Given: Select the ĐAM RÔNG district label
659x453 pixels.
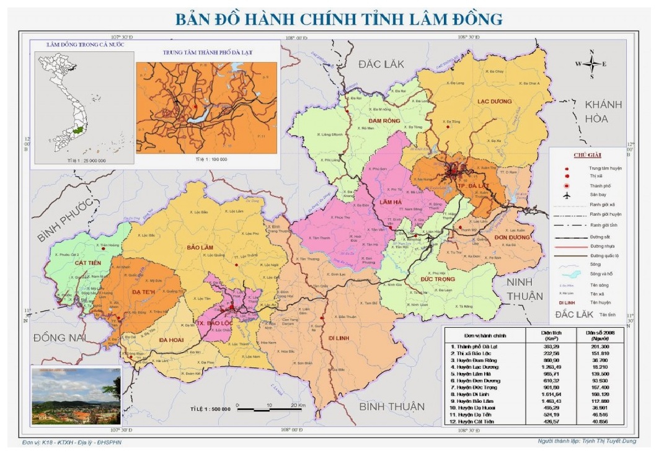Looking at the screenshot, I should click(x=384, y=120).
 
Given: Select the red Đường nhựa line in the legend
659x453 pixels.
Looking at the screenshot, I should click(x=567, y=247).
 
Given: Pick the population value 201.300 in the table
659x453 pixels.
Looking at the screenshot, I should click(x=598, y=347).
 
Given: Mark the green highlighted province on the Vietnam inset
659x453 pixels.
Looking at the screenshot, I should click(x=78, y=131).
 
